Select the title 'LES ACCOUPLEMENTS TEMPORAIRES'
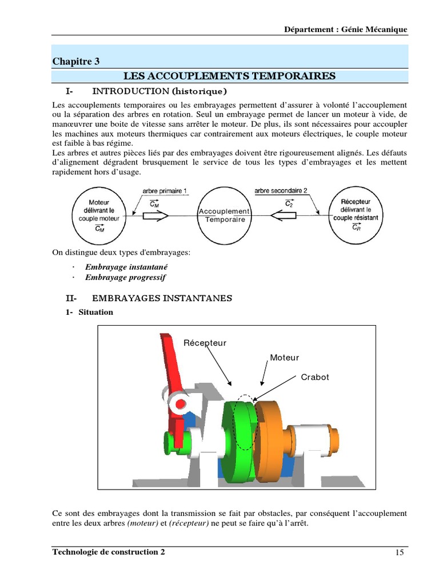pos(230,76)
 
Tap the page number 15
pos(399,552)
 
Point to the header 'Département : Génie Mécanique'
pos(346,30)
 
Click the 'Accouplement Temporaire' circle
pos(224,215)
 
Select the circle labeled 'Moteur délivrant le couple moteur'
pos(100,215)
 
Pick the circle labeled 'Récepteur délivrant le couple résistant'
pos(356,215)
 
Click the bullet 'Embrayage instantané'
pos(126,267)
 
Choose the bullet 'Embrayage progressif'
pos(125,278)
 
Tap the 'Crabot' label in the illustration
pos(315,378)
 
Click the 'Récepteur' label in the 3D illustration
pos(205,343)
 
